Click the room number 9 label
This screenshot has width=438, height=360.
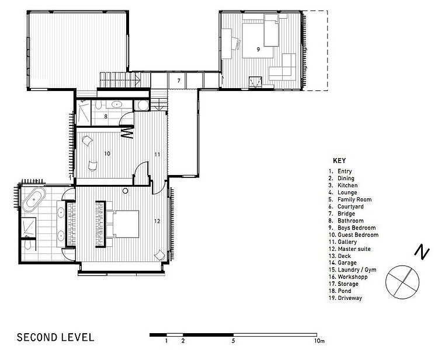[258, 50]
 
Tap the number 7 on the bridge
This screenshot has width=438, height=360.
[179, 81]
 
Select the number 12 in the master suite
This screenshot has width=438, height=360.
[157, 221]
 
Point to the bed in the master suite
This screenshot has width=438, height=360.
[123, 224]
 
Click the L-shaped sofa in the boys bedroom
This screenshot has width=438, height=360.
[283, 67]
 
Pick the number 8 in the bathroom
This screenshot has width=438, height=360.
[106, 116]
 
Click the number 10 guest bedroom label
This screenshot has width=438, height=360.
[107, 153]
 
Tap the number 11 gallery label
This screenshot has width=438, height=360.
[157, 154]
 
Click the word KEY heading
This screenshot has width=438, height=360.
[339, 160]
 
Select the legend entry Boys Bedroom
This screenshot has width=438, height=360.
[356, 228]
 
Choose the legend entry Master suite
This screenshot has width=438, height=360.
[354, 249]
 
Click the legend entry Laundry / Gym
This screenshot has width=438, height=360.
[357, 270]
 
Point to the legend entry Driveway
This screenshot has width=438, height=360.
[350, 298]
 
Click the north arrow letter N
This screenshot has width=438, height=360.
[422, 251]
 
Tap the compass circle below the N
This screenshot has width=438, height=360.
[402, 282]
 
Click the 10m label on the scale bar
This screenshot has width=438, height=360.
[319, 341]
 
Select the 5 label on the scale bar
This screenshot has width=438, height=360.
[233, 341]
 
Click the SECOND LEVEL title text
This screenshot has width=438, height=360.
[55, 337]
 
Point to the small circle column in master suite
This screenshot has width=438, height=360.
[126, 191]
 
